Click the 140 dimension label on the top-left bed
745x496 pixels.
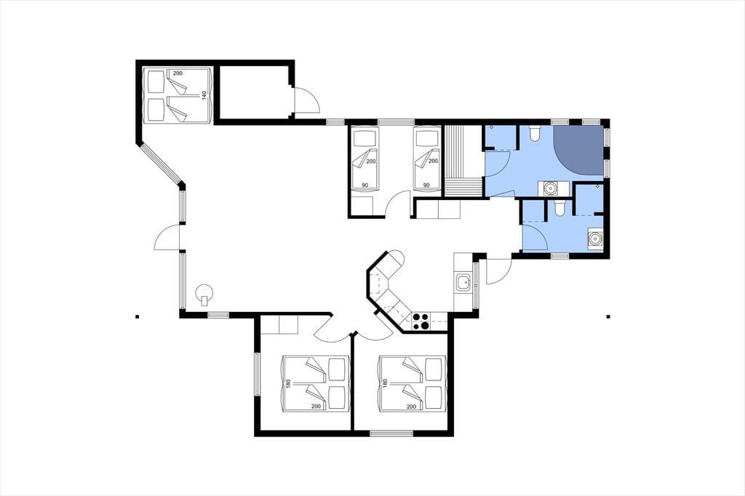coord(204,95)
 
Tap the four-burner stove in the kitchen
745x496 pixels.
coord(421,321)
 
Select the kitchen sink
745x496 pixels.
coord(462,283)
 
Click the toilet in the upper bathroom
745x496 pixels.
coord(535,133)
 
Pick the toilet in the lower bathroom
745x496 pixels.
coord(559,207)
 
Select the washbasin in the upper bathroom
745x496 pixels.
coord(550,188)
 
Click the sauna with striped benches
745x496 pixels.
coord(463,161)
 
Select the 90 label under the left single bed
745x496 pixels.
coord(364,185)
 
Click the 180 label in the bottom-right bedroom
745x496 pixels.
coord(385,383)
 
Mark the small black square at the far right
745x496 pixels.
coord(607,316)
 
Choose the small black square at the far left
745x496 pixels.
coord(137,316)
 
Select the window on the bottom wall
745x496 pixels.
coord(391,433)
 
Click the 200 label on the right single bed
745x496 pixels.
coord(433,161)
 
